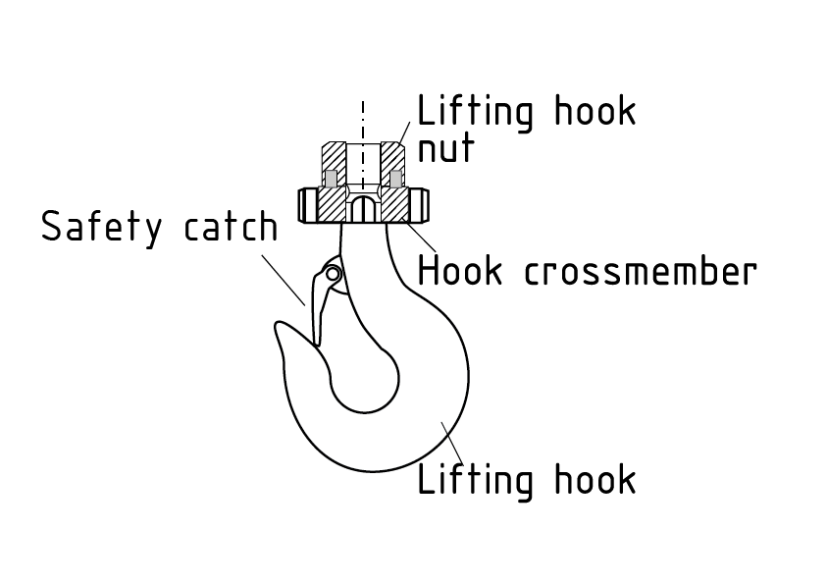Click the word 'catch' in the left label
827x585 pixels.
[x=231, y=228]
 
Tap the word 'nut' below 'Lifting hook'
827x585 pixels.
[x=446, y=148]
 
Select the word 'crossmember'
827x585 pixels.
[x=641, y=271]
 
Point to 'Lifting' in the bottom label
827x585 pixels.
[x=476, y=481]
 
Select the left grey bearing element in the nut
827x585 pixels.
[x=331, y=179]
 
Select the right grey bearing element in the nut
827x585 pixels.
[x=395, y=179]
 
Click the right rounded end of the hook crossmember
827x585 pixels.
[x=423, y=205]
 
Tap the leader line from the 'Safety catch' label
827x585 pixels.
[x=284, y=281]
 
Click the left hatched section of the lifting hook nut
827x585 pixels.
[x=335, y=157]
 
